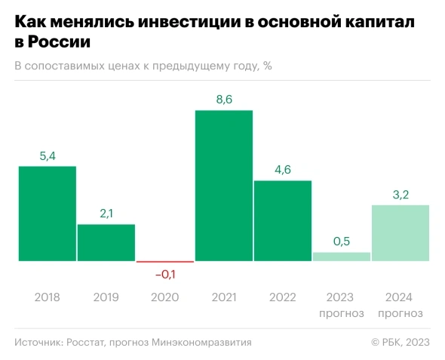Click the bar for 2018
pos(47,214)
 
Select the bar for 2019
pos(106,242)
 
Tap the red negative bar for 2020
pos(164,262)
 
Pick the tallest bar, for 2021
pos(223,186)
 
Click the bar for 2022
pos(282,220)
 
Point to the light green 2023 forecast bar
pos(341,257)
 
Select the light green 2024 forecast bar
pos(400,232)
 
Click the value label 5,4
pos(47,156)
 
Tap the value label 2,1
pos(106,214)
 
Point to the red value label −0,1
pos(164,273)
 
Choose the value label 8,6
pos(223,100)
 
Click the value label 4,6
pos(282,170)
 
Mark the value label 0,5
pos(341,242)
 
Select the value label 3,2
pos(400,195)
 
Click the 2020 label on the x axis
pos(164,297)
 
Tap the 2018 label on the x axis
pos(47,297)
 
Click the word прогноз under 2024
pos(400,313)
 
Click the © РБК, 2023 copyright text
pos(400,343)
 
